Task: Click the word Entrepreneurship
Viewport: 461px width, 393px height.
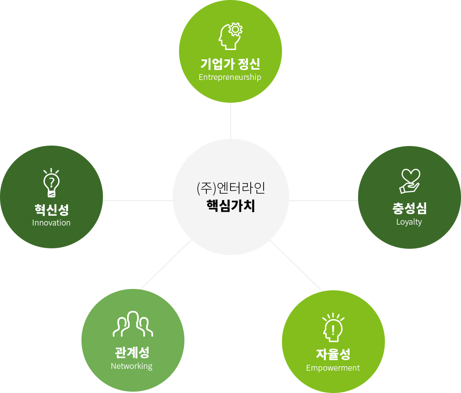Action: pos(230,77)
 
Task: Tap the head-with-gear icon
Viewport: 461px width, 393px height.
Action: pos(230,36)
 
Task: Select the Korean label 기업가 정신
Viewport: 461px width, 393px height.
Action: pos(230,64)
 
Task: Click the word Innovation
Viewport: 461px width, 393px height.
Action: pos(51,223)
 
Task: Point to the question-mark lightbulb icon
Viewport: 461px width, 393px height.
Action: pos(51,182)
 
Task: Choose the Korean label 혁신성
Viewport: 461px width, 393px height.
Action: pos(51,209)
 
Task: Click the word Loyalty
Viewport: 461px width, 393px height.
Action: pos(409,222)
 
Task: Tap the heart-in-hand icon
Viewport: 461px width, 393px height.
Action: pos(410,181)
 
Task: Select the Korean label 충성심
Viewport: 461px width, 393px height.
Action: pos(410,208)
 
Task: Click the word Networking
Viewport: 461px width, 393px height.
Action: pos(132,366)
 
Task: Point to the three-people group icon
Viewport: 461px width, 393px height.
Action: pos(133,324)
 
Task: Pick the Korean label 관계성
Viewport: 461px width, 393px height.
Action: pos(132,352)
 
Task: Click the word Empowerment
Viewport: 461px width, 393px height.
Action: pos(333,368)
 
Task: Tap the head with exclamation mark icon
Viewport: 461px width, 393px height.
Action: pos(333,327)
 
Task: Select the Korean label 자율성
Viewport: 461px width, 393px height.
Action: pos(333,354)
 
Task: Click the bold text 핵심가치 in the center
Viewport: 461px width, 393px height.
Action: pos(231,205)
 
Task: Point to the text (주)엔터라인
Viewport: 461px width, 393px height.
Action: pos(231,188)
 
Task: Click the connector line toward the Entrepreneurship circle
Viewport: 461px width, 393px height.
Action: pos(231,121)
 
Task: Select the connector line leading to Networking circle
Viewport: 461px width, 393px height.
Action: pos(166,264)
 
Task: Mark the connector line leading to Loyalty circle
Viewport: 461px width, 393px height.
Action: pos(324,201)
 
